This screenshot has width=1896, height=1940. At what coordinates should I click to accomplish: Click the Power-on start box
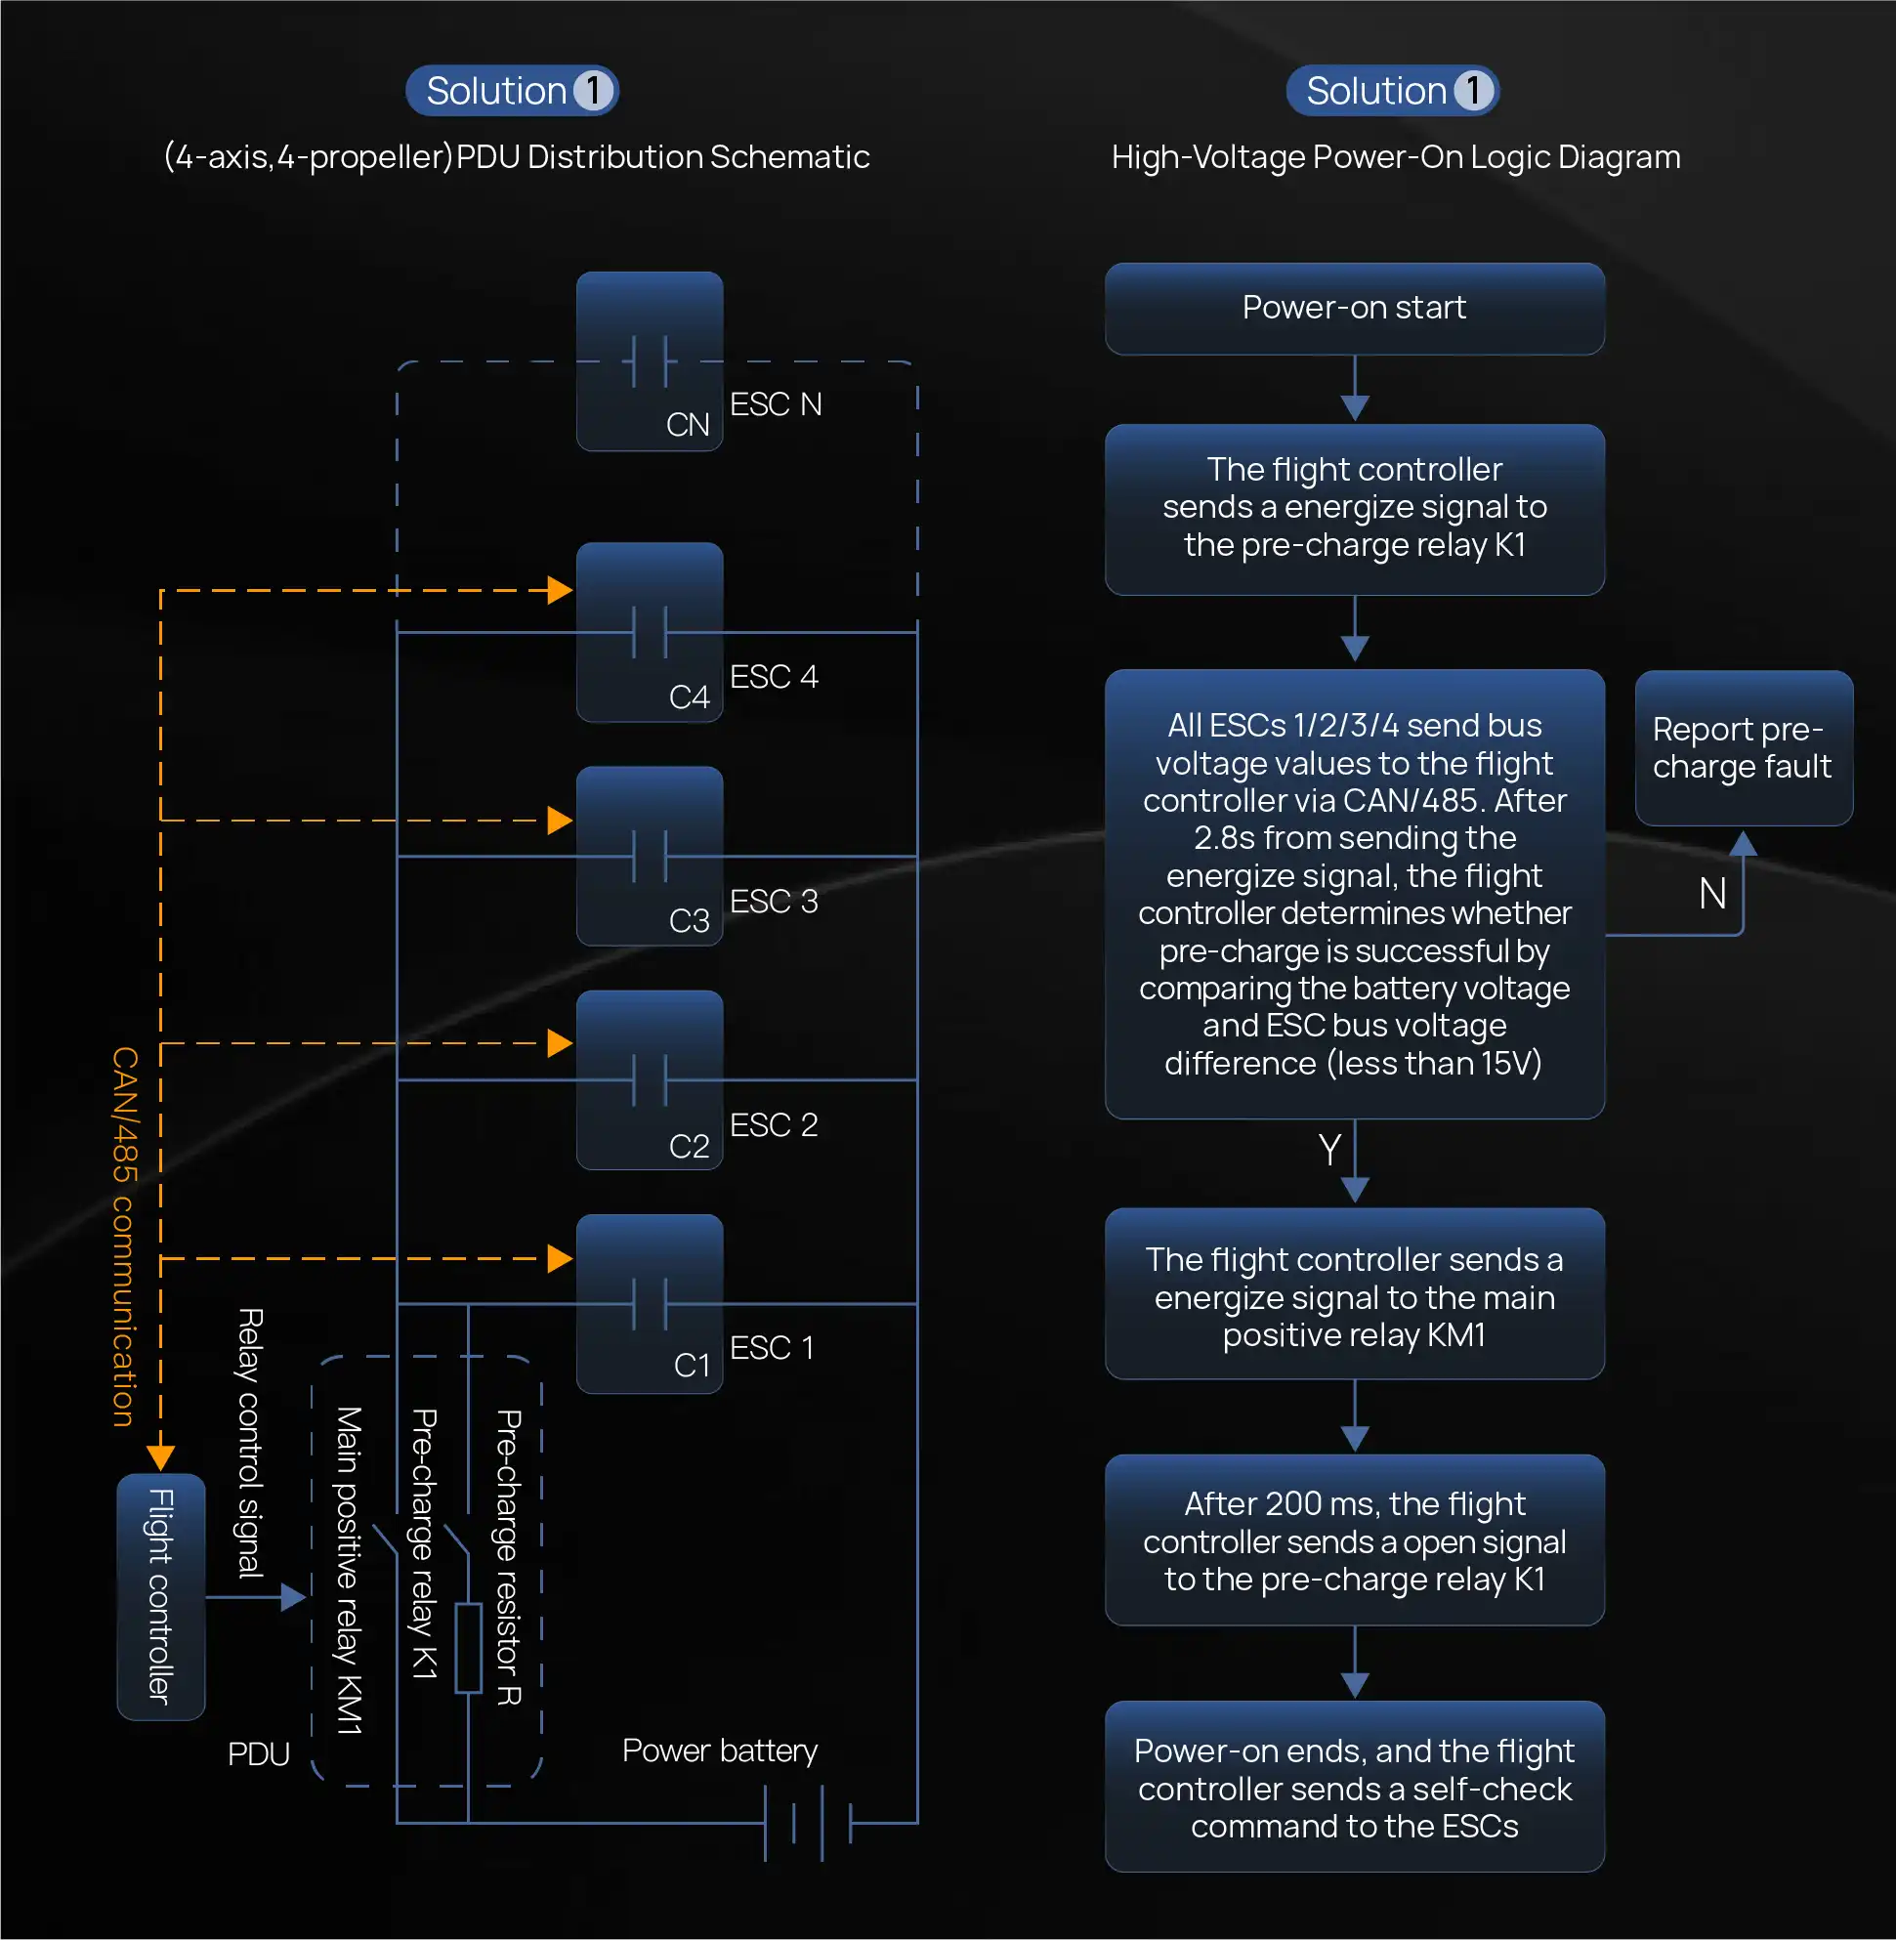coord(1354,308)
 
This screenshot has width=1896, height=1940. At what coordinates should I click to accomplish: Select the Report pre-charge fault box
coord(1743,748)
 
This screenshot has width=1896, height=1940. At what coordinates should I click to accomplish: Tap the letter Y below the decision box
coord(1329,1150)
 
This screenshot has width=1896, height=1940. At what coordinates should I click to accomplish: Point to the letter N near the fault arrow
coord(1711,893)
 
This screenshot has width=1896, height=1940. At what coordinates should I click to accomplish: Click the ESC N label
coord(775,404)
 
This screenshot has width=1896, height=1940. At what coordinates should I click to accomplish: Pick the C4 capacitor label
coord(689,696)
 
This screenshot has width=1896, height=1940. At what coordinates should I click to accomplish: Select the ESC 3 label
coord(774,902)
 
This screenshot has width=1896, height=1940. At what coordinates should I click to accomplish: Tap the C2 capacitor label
coord(689,1145)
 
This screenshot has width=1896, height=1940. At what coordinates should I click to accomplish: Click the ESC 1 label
coord(772,1347)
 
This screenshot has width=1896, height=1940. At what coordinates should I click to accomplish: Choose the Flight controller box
coord(161,1596)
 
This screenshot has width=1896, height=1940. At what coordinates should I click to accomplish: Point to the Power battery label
coord(719,1750)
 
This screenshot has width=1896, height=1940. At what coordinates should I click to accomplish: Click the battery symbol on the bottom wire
coord(808,1823)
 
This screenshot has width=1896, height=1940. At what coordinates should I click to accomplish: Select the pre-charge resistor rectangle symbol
coord(468,1647)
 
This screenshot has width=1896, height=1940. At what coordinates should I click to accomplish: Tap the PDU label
coord(258,1753)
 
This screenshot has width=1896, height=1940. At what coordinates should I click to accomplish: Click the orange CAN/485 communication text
coord(124,1236)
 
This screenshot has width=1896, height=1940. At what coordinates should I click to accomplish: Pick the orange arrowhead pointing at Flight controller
coord(160,1458)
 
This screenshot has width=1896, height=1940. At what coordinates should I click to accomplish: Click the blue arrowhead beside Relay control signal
coord(293,1596)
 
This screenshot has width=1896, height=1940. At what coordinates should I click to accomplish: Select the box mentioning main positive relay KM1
coord(1354,1295)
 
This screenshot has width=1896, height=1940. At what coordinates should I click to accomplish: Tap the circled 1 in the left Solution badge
coord(594,91)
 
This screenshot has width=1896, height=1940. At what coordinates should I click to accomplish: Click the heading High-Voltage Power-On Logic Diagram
coord(1395,157)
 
